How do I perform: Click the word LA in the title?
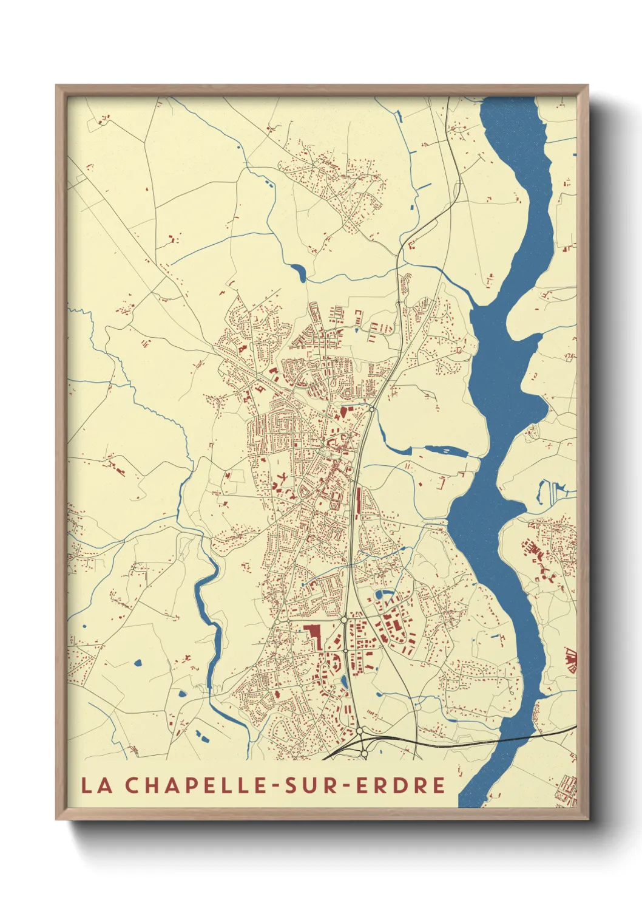(x=96, y=785)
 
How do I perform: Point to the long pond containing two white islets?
(x=445, y=451)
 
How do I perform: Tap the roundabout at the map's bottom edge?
(x=363, y=753)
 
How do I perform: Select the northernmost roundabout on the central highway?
(x=371, y=409)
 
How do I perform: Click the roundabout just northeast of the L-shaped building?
(x=344, y=620)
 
